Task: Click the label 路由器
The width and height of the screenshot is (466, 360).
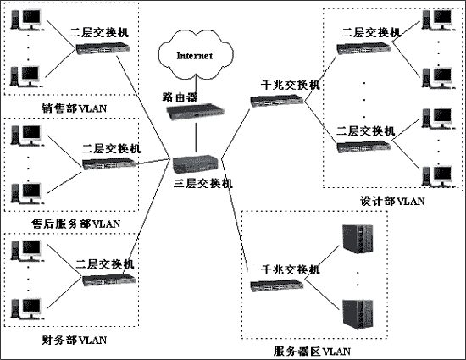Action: pos(180,96)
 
